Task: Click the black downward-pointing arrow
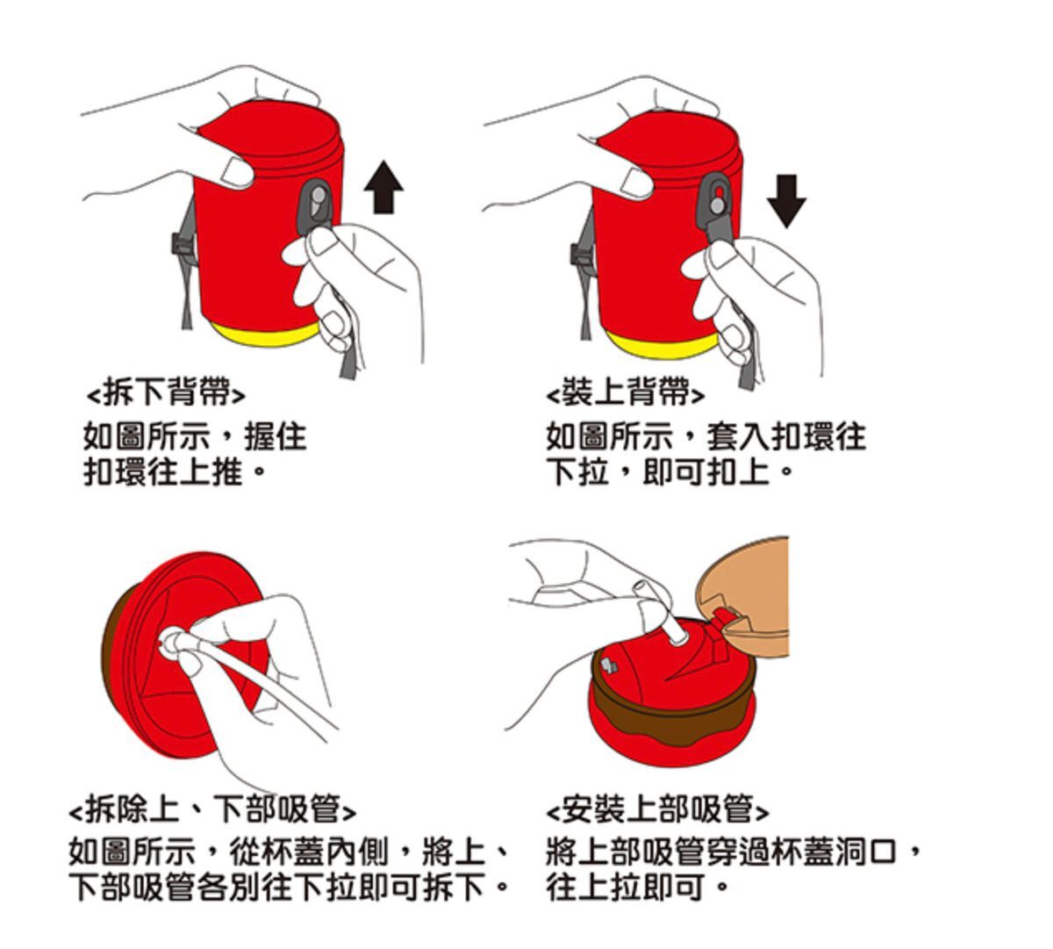pos(786,201)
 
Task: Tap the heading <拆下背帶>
pos(166,392)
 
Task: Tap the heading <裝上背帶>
pos(625,392)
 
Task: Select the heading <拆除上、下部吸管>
pos(212,809)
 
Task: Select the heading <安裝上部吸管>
pos(657,809)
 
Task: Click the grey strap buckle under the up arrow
pos(316,206)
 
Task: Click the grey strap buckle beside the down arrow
pos(715,206)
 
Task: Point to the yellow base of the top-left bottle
pos(265,334)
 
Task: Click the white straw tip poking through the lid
pos(677,634)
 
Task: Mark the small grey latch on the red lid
pos(608,666)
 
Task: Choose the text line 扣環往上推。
pos(173,471)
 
